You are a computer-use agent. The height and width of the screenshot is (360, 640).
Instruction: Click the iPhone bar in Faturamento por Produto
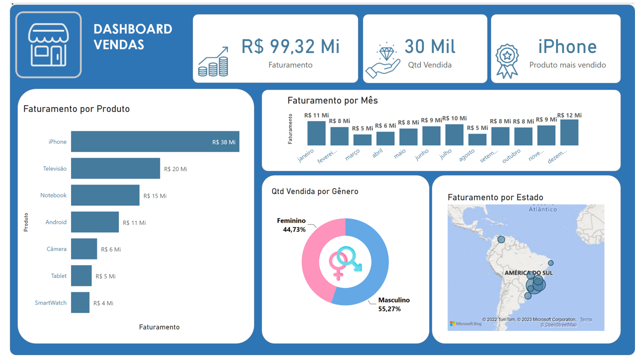coord(155,141)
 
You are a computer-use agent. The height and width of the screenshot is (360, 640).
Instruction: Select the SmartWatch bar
coord(80,302)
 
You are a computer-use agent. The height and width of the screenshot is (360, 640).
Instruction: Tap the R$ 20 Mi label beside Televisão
coord(175,169)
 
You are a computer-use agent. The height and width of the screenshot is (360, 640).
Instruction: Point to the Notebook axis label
coord(53,195)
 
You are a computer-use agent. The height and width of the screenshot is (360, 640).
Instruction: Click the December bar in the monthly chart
coord(569,132)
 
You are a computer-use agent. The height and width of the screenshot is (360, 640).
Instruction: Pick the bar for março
coord(362,139)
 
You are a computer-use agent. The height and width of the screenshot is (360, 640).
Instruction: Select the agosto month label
coord(466,155)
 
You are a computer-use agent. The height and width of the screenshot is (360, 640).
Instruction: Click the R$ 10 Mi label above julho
coord(454,118)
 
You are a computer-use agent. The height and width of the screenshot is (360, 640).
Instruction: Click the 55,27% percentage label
coord(389,309)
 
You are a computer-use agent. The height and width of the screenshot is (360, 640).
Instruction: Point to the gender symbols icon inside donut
coord(345,262)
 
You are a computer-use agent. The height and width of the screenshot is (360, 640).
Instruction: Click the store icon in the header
coord(48,45)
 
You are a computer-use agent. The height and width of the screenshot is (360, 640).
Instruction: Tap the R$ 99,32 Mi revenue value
coord(290,46)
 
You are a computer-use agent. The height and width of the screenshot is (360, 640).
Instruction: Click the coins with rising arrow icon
coord(213,62)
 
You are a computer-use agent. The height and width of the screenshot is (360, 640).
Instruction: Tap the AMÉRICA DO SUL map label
coord(528,273)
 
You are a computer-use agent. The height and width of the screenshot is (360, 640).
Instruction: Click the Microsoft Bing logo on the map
coord(465,324)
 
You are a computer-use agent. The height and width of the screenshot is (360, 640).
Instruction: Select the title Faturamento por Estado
coord(495,197)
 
